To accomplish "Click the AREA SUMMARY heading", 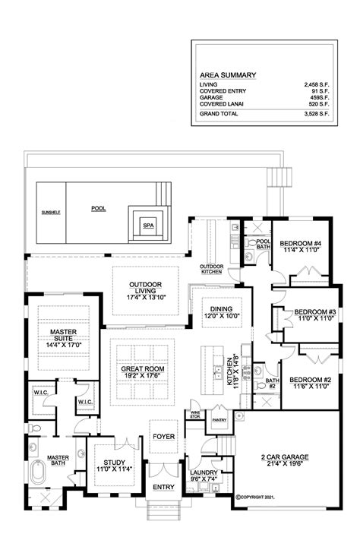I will [x=227, y=75].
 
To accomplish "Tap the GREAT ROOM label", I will [x=143, y=369].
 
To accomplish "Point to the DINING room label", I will [x=220, y=308].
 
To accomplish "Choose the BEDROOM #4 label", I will [x=302, y=242].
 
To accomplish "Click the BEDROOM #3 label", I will [x=314, y=312].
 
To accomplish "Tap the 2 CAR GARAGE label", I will [x=286, y=456].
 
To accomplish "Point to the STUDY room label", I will [x=108, y=461].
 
